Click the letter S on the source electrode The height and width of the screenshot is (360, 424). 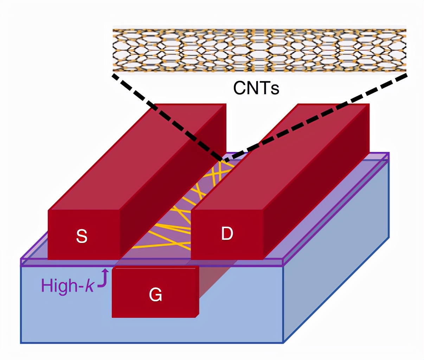coord(82,236)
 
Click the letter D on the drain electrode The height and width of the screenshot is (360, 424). coord(227,233)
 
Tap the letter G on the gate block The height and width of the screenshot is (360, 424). coord(155,295)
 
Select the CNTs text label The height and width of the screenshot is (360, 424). coord(256,88)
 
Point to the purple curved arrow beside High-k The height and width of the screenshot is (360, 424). coord(103,279)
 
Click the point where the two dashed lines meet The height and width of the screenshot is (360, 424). coord(224,160)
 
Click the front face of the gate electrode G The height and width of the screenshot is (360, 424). coord(155,302)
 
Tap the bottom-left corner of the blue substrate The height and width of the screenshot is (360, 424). coord(21,342)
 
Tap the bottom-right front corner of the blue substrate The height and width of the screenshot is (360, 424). coord(283,342)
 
